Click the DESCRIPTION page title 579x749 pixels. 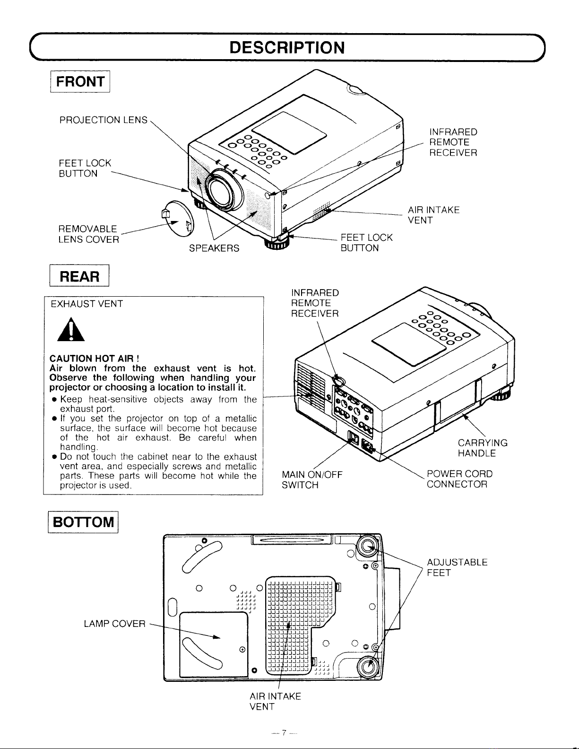click(x=286, y=47)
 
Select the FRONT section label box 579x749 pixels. click(x=80, y=81)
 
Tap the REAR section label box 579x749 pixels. click(x=80, y=276)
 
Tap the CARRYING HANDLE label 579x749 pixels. click(x=482, y=448)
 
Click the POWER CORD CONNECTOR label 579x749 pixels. click(x=459, y=479)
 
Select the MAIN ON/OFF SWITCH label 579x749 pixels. click(x=311, y=479)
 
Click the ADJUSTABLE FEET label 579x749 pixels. click(x=457, y=568)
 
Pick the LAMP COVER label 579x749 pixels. click(x=114, y=624)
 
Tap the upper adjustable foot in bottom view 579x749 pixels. click(x=368, y=547)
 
